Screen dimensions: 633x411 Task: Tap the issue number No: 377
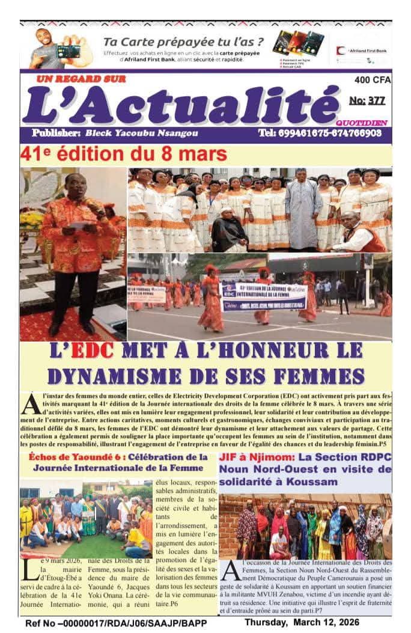click(x=367, y=100)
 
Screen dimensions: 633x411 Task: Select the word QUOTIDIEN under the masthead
click(x=370, y=122)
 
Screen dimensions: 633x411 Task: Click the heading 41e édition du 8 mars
click(x=123, y=154)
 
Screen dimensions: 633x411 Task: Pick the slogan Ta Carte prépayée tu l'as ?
click(x=183, y=42)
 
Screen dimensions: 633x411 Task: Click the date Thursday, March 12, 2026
click(x=318, y=623)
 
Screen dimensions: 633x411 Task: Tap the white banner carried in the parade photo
click(x=264, y=296)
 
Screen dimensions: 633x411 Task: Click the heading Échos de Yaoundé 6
click(x=64, y=457)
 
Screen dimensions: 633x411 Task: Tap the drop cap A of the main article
click(x=30, y=404)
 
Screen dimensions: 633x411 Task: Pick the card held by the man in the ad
click(x=68, y=51)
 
